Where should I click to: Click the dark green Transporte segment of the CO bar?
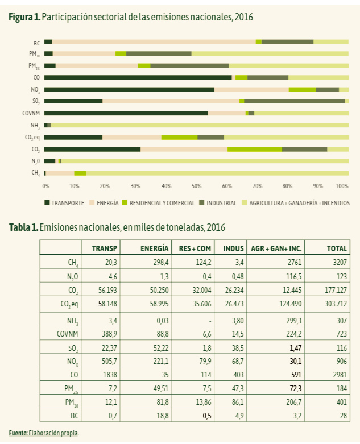click(x=138, y=77)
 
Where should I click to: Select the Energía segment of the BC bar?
click(x=154, y=42)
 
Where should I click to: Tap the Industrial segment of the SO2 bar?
click(x=294, y=101)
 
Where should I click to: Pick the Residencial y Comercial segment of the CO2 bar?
click(x=255, y=149)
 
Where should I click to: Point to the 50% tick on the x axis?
click(x=196, y=186)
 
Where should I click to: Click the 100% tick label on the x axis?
click(x=342, y=186)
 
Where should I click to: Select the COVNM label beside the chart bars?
click(x=31, y=113)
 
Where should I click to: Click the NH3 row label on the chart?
click(x=35, y=126)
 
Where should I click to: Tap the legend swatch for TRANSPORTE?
click(x=47, y=202)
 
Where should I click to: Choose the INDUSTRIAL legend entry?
click(x=218, y=203)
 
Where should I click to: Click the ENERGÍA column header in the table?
click(x=154, y=248)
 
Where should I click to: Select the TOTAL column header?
click(x=337, y=248)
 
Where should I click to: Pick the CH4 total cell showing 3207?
click(x=340, y=262)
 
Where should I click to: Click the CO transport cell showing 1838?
click(x=110, y=375)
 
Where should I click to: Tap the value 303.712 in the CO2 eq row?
click(x=336, y=304)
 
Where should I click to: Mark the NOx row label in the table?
click(x=72, y=362)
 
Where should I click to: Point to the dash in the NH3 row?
click(x=210, y=321)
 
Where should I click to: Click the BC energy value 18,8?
click(x=163, y=416)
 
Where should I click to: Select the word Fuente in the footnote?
click(x=18, y=433)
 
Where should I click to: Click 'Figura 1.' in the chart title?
click(x=24, y=17)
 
